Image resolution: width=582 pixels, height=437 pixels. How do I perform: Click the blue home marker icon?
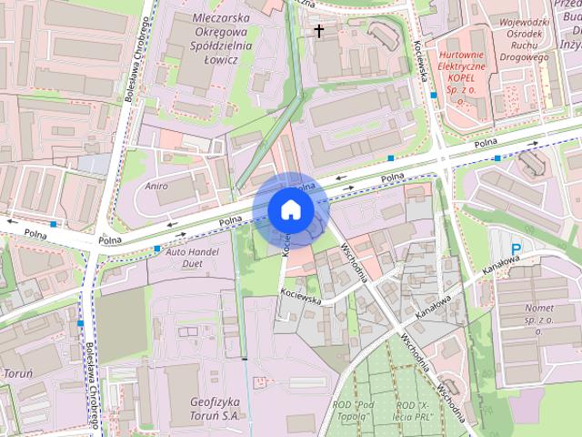coord(291,209)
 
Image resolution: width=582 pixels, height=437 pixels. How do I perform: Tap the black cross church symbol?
coord(318,30)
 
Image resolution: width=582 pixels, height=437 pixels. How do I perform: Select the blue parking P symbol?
coord(516,248)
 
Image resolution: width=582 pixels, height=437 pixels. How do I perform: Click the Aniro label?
coord(156,186)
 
